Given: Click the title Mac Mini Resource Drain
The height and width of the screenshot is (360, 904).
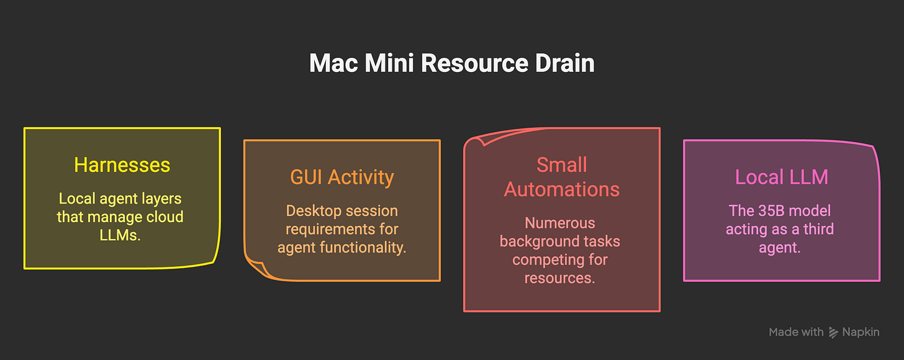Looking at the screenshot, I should [x=451, y=64].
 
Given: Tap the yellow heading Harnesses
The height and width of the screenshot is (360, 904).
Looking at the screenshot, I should [x=122, y=165].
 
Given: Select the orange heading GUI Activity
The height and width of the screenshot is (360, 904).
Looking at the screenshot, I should [x=341, y=178].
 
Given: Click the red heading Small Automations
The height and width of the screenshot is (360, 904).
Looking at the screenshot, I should [x=561, y=177].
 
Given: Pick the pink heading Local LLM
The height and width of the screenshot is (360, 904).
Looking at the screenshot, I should [x=781, y=177].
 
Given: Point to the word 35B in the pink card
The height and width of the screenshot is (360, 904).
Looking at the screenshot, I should [x=774, y=210].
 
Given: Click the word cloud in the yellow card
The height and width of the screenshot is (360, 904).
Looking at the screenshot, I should [x=165, y=217].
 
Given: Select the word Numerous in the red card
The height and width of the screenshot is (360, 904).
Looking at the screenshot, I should [x=560, y=223].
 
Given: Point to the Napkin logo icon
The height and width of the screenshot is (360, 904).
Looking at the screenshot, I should [x=833, y=332].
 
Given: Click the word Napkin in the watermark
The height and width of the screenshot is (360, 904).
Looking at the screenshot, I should [x=861, y=332].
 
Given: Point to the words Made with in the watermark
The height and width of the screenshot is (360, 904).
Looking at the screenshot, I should [x=796, y=332].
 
